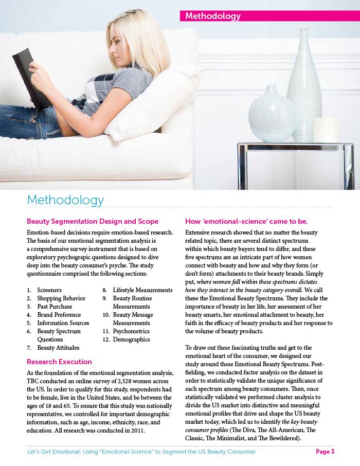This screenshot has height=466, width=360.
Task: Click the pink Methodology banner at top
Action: [x=269, y=16]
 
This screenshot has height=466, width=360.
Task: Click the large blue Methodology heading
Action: [x=65, y=200]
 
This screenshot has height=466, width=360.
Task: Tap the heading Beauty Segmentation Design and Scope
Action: [x=93, y=222]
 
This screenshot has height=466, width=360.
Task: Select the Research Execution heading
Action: [x=59, y=362]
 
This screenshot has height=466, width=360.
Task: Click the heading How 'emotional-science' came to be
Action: [x=246, y=222]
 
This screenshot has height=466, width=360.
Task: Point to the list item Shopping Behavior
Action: [x=61, y=298]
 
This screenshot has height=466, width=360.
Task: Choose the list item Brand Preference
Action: [x=59, y=315]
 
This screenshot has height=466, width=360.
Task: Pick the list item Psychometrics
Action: [x=131, y=331]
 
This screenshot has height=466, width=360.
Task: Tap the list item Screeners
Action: [x=49, y=290]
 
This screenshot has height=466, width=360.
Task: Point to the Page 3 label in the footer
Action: [x=325, y=452]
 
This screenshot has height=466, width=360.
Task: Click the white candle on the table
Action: [x=325, y=130]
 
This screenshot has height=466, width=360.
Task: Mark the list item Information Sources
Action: [x=63, y=323]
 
